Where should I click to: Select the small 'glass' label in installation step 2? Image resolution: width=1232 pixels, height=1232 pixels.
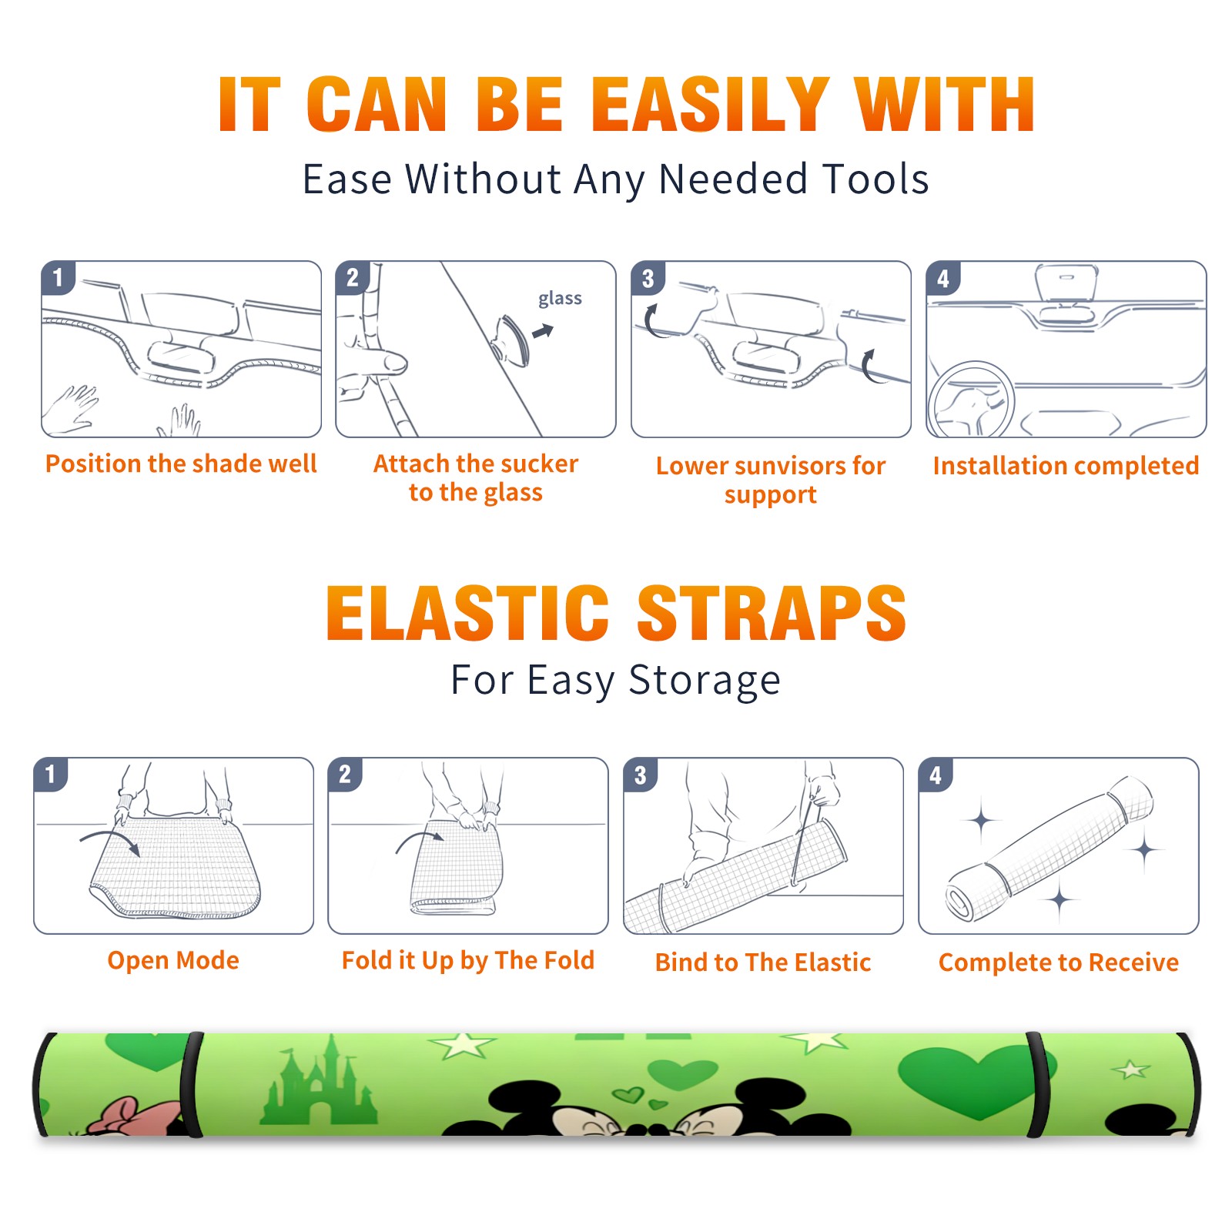point(560,299)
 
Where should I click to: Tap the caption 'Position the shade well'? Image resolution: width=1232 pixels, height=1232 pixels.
point(181,464)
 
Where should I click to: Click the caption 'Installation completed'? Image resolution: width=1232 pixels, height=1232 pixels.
point(1066,465)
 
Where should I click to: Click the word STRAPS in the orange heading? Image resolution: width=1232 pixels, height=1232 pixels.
point(772,613)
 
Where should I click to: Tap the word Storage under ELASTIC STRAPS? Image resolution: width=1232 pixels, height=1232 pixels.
point(705,681)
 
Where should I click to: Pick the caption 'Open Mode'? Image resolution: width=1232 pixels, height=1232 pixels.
point(173,960)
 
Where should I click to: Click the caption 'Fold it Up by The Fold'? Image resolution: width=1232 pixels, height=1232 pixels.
point(468,960)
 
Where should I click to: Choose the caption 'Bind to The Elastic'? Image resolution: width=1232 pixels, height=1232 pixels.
point(763,962)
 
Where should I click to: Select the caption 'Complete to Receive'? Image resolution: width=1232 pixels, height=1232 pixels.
point(1059,962)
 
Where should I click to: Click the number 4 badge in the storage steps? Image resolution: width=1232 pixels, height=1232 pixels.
point(936,775)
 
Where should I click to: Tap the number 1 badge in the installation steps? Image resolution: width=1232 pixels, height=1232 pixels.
point(58,277)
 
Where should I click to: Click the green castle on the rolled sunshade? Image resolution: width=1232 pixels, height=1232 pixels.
point(319,1082)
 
